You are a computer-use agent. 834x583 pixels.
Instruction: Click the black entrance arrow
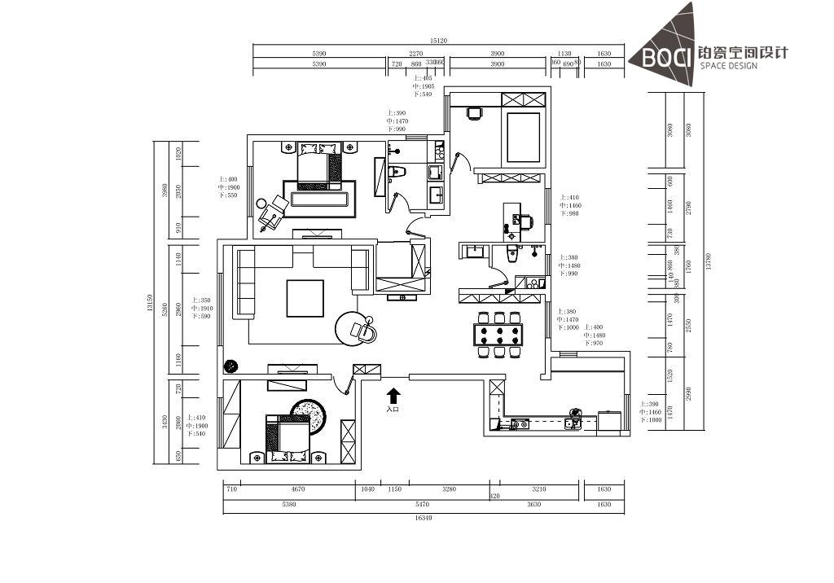(393, 397)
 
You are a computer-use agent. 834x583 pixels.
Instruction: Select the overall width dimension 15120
(439, 41)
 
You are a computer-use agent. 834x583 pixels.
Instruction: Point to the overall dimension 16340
(423, 517)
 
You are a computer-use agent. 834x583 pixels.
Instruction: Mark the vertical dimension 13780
(709, 261)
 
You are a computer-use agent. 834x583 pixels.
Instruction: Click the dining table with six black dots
(499, 334)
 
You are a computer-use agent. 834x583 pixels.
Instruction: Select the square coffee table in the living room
(305, 298)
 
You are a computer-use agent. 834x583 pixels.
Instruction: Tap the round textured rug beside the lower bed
(309, 414)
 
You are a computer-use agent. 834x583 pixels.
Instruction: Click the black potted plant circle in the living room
(230, 366)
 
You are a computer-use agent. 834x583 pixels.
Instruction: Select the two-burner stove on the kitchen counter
(518, 423)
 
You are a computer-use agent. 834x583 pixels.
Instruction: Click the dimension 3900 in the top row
(497, 54)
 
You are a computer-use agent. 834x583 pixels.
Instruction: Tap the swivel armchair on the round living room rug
(360, 329)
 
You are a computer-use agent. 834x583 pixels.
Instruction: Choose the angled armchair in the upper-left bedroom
(270, 213)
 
